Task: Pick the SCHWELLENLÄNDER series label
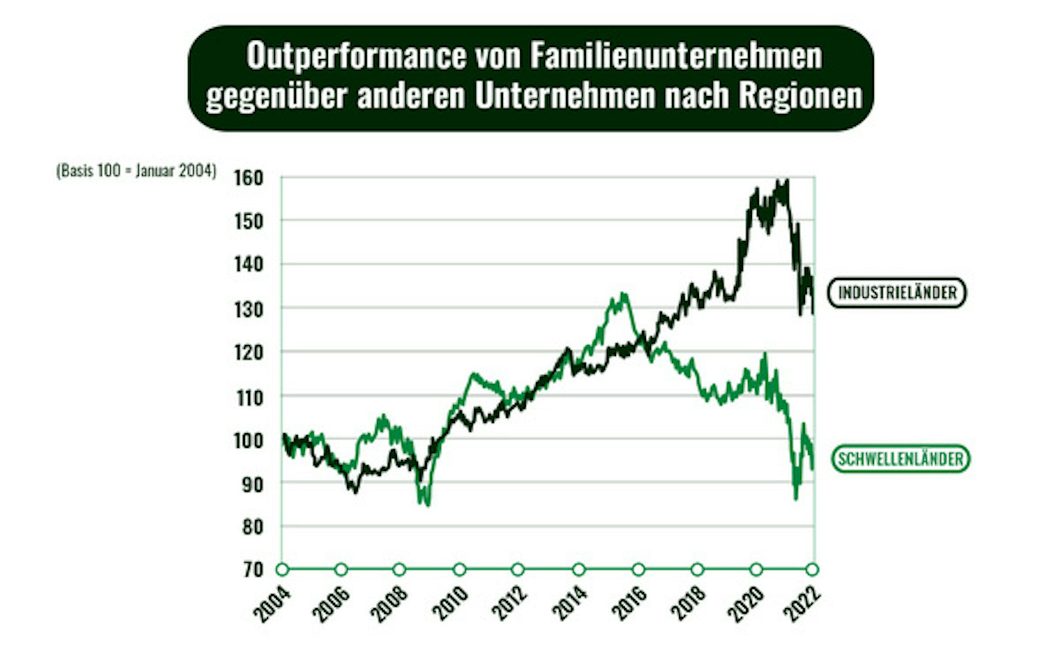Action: (x=901, y=459)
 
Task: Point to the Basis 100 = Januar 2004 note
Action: (x=136, y=171)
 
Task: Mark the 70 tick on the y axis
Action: (x=253, y=570)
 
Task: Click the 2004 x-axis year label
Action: (x=272, y=604)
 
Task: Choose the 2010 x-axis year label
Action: (x=450, y=604)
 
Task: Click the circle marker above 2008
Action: (x=400, y=570)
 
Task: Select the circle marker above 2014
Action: (x=579, y=570)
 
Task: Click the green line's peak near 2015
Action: (x=624, y=294)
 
